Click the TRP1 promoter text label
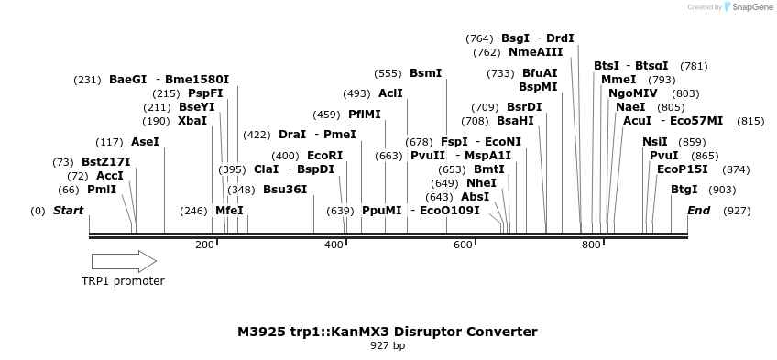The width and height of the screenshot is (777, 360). point(123,281)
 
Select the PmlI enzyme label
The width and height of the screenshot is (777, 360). point(102,190)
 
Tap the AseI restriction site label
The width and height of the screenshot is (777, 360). point(145,142)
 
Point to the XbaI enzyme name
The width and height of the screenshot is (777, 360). point(192,121)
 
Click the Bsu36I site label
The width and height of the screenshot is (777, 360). point(285,190)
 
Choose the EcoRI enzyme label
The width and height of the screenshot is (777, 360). point(324,156)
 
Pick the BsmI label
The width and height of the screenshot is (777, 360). point(425,73)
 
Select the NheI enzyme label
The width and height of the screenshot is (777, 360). point(481,183)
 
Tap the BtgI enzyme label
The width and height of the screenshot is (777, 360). point(684,190)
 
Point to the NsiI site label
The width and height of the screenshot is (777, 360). point(655,142)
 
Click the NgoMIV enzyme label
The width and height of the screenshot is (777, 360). point(633,93)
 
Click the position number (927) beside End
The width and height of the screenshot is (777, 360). point(737,211)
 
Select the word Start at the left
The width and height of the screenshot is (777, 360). point(68,211)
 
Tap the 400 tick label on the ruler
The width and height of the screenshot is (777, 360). point(334,245)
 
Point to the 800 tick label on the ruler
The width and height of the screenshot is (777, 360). point(591,245)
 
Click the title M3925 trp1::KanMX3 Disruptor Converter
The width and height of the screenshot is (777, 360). point(388,332)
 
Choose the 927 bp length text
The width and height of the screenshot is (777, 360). point(388,346)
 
